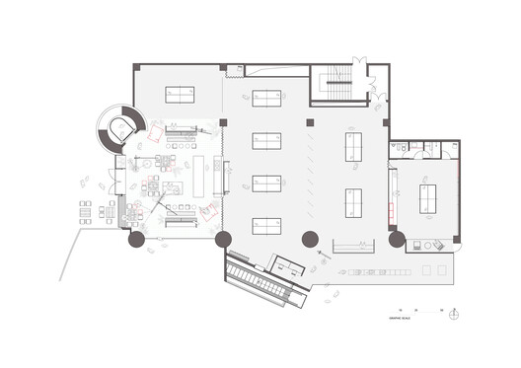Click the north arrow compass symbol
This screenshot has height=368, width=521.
tap(453, 315)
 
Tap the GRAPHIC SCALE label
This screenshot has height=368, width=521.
tap(401, 318)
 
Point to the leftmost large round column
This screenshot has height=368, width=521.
tap(135, 238)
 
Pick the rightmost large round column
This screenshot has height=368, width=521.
tap(397, 239)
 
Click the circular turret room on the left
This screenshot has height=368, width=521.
tap(121, 126)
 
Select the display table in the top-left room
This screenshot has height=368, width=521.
tap(180, 96)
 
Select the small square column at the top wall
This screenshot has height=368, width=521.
tap(224, 68)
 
